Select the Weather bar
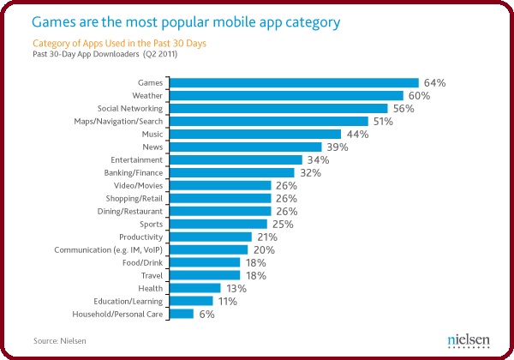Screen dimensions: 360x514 [x=286, y=95]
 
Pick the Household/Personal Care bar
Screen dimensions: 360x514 [x=182, y=314]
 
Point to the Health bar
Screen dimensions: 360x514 [x=195, y=288]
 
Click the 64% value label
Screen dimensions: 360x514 [x=435, y=83]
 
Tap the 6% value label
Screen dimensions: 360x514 [x=206, y=315]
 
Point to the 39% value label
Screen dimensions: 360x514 [x=338, y=147]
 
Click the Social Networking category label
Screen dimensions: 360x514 [x=127, y=109]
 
